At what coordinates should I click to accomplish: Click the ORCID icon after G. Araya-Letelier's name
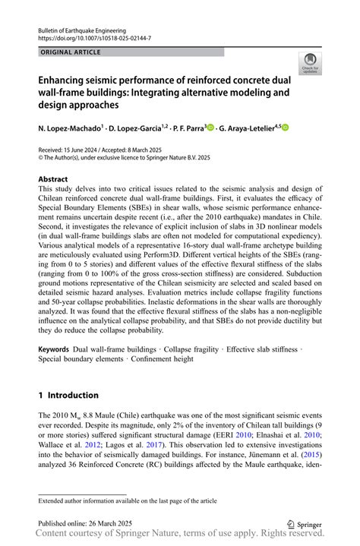click(x=286, y=128)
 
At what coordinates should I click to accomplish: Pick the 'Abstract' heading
click(x=53, y=179)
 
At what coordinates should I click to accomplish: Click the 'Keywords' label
click(x=54, y=349)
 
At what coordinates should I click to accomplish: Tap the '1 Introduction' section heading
click(x=68, y=396)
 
